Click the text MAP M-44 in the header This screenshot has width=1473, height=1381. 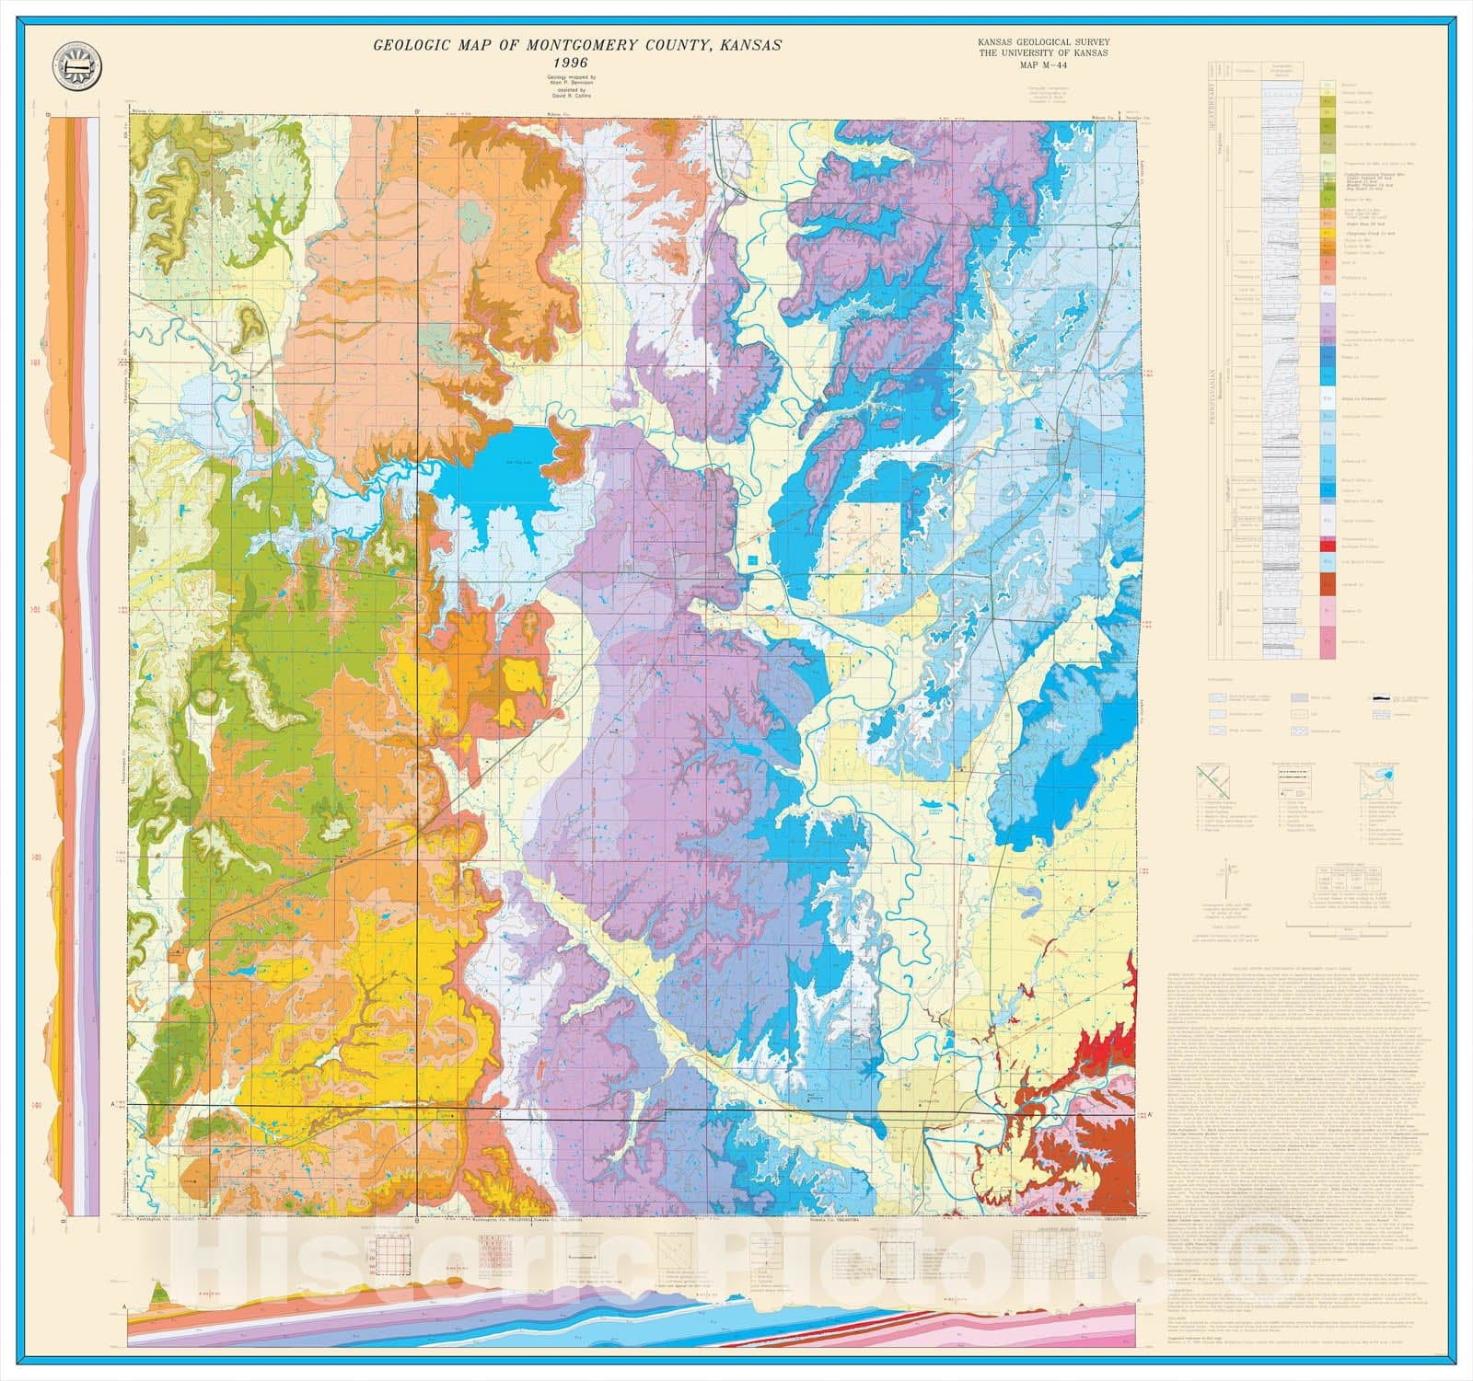(x=1045, y=64)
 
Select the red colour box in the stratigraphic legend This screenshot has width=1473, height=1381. (x=1328, y=547)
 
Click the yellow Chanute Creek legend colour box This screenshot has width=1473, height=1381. (x=1328, y=232)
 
